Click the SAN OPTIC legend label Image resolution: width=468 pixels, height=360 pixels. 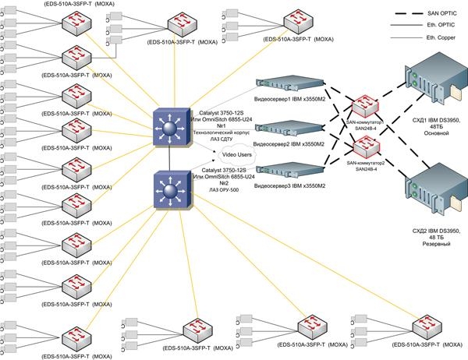tap(441, 13)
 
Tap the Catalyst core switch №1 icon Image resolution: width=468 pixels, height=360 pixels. tap(169, 126)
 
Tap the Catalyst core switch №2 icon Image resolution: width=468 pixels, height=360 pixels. tap(169, 190)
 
